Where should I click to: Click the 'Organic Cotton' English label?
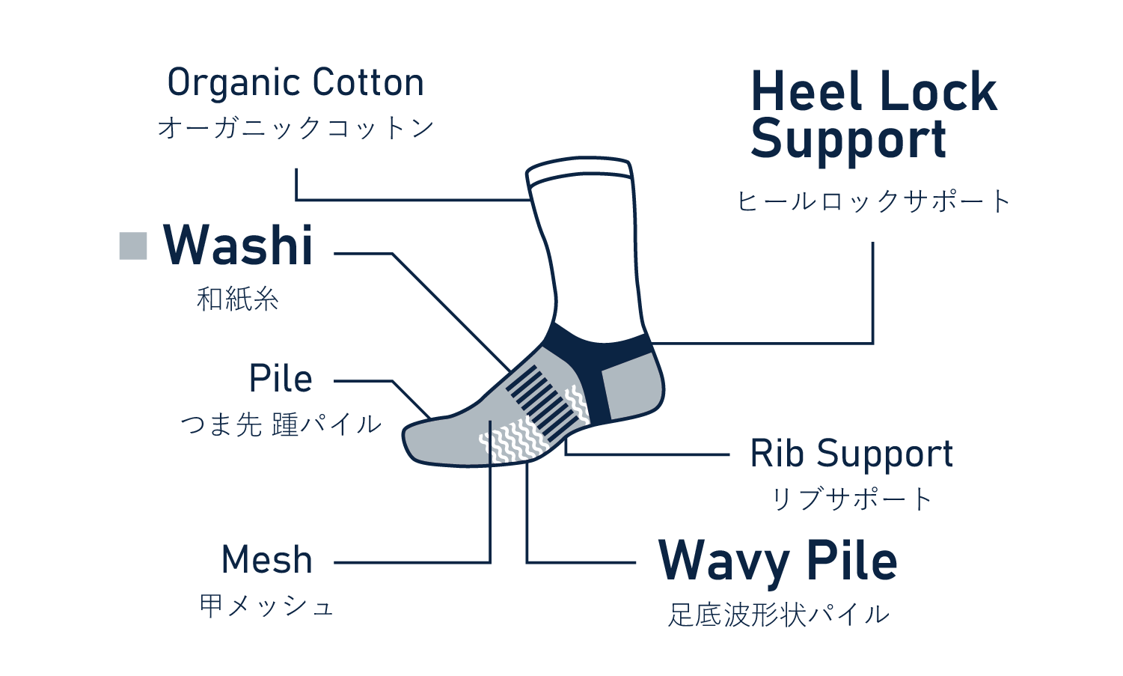[296, 82]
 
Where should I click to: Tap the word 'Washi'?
[238, 246]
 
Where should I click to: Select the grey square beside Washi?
[133, 246]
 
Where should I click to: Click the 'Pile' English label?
[281, 379]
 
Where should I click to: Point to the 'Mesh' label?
[267, 560]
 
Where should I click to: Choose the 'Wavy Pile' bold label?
[777, 561]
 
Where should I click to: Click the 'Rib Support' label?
[851, 454]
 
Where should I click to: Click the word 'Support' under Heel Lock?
[848, 141]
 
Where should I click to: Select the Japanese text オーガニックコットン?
[296, 128]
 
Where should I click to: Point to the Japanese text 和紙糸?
[238, 299]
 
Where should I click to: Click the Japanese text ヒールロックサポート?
[874, 201]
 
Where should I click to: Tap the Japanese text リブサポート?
[851, 499]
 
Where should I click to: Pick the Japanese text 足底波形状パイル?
[778, 615]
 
